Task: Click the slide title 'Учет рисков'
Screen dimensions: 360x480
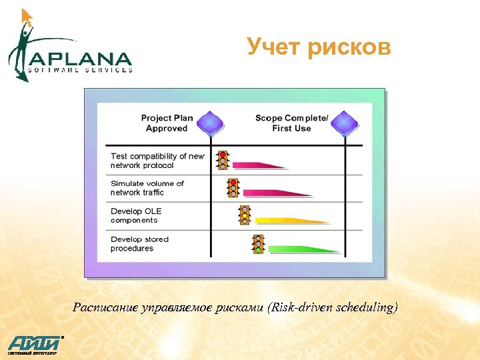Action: pyautogui.click(x=319, y=48)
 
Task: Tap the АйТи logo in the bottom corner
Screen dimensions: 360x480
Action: pyautogui.click(x=33, y=344)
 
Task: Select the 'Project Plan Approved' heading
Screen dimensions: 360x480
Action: pyautogui.click(x=167, y=123)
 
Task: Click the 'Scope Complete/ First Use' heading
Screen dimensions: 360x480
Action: pyautogui.click(x=291, y=123)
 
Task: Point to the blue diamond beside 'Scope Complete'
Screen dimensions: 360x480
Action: pyautogui.click(x=345, y=123)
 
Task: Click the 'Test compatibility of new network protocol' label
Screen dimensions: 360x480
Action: pyautogui.click(x=157, y=161)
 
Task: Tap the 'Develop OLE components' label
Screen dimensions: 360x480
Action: pyautogui.click(x=136, y=215)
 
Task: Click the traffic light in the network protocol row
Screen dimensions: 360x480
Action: pyautogui.click(x=223, y=160)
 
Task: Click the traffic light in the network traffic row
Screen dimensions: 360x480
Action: pyautogui.click(x=233, y=187)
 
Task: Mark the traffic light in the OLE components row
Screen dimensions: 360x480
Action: pyautogui.click(x=245, y=215)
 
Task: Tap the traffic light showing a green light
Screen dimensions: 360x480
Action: pyautogui.click(x=258, y=243)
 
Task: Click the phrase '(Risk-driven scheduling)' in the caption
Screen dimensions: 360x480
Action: pyautogui.click(x=334, y=307)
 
